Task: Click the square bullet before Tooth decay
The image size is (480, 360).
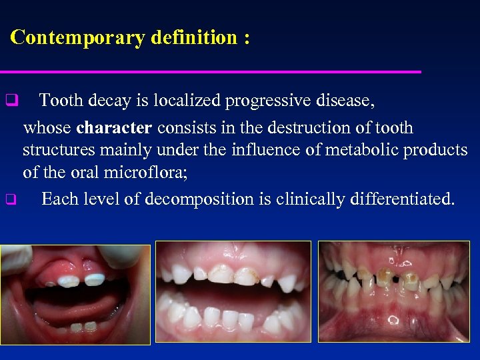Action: [11, 102]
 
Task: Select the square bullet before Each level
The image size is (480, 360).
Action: [11, 199]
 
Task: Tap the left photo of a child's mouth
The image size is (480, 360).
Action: [75, 294]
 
